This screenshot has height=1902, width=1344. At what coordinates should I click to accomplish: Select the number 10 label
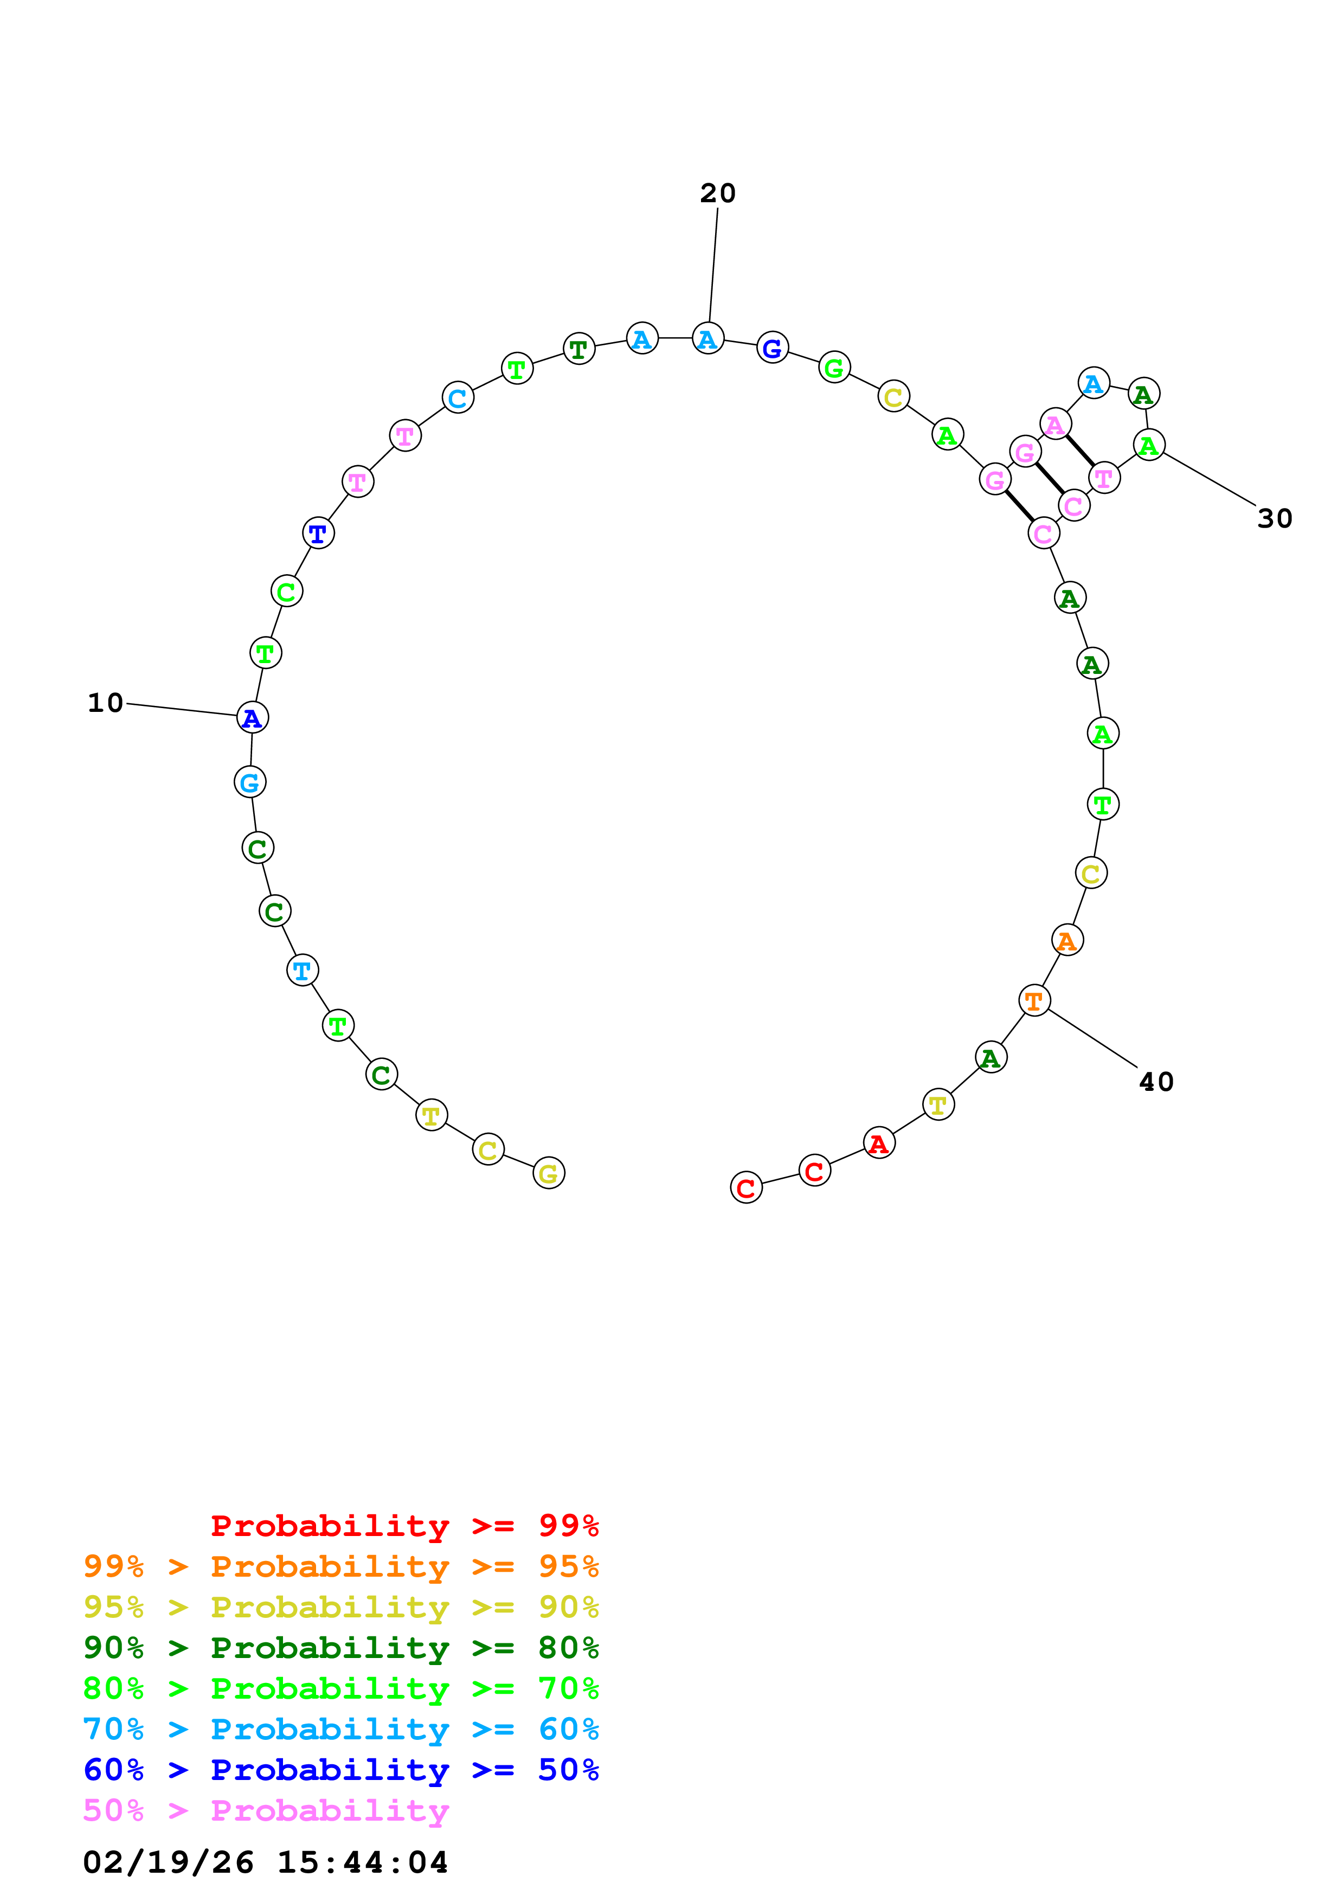[x=105, y=703]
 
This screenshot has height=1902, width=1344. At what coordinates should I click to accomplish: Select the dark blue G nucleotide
[x=772, y=348]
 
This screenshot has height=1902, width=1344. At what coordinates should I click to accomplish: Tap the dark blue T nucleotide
[x=318, y=534]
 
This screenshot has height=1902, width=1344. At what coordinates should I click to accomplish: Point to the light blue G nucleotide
[x=250, y=782]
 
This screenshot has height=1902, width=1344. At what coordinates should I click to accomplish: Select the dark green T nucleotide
[x=579, y=350]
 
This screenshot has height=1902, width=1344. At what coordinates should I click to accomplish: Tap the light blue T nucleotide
[x=303, y=970]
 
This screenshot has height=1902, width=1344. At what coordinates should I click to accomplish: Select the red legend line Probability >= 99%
[x=404, y=1526]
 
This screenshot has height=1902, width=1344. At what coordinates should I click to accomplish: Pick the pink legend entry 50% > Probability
[x=266, y=1811]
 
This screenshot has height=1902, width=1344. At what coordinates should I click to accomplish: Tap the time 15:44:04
[x=362, y=1863]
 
